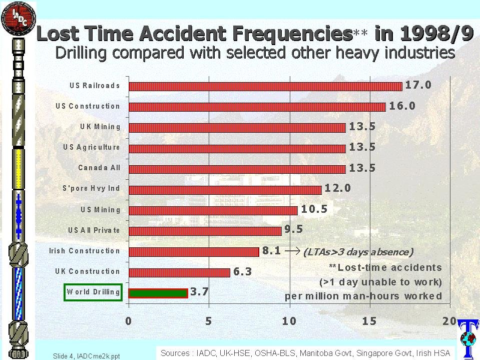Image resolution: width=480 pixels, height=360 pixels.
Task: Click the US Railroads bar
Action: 265,86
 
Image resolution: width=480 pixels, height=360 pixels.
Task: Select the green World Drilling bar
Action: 158,293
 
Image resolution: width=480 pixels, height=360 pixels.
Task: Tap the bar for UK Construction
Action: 179,272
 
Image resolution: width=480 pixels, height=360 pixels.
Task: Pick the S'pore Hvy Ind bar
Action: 225,190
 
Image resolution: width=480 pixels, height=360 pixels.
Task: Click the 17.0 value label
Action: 418,85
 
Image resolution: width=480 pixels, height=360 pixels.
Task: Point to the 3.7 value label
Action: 199,292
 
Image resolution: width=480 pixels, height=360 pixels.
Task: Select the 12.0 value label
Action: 338,188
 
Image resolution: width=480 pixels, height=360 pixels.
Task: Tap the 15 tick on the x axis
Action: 369,321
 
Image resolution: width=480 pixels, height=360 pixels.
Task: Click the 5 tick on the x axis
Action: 209,321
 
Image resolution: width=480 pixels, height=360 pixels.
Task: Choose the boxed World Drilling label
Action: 93,292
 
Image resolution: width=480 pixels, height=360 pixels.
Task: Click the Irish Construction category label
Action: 85,251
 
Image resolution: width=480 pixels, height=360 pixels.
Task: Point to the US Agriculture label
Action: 92,147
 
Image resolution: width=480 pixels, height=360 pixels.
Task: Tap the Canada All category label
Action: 99,168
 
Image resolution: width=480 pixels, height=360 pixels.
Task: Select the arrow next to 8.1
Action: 292,251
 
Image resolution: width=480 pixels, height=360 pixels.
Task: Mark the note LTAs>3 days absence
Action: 358,252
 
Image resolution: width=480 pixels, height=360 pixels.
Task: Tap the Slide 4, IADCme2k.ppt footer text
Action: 87,356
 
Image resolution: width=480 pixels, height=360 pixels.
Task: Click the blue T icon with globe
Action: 467,338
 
